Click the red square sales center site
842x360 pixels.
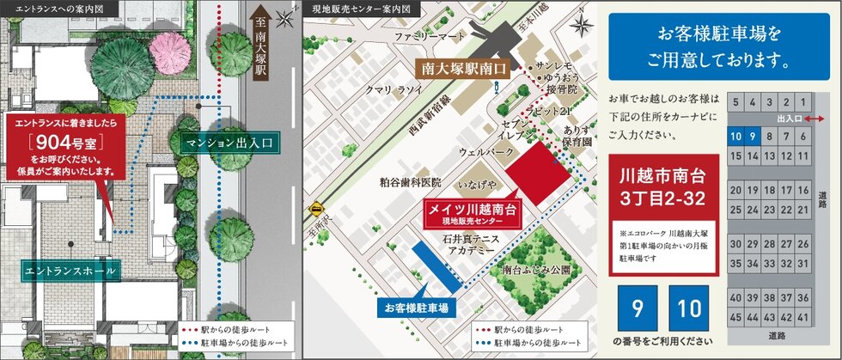[x=539, y=174]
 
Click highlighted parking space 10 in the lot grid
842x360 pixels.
[x=735, y=136]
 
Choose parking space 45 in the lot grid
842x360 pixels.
[x=735, y=316]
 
